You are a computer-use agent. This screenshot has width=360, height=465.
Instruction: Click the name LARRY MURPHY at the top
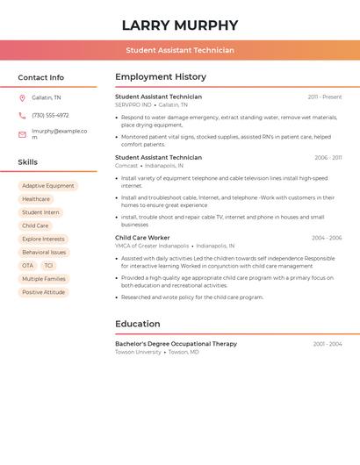coord(180,25)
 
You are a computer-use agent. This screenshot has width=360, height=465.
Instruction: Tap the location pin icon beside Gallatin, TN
coord(22,97)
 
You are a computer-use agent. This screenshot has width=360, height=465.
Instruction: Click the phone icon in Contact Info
coord(22,115)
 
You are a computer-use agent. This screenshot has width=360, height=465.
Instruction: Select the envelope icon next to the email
coord(22,134)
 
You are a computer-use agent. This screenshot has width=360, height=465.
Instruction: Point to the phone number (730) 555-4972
coord(50,115)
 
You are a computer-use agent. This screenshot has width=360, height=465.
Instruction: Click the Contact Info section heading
coord(41,77)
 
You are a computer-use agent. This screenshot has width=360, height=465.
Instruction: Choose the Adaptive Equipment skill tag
coord(48,186)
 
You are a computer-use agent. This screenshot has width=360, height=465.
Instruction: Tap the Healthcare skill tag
coord(36,199)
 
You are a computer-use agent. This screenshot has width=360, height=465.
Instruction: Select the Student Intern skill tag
coord(40,212)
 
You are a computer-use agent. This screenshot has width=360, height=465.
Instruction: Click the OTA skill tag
coord(27,266)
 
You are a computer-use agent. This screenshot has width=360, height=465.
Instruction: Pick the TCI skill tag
coord(48,266)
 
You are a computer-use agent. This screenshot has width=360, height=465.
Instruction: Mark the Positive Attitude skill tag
coord(44,292)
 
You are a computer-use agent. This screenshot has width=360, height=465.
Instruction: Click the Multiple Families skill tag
coord(44,279)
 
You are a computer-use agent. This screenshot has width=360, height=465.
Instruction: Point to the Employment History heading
coord(161,77)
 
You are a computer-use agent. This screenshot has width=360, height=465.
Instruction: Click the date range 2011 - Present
coord(325,97)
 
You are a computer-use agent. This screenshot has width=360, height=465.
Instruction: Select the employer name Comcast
coord(126,166)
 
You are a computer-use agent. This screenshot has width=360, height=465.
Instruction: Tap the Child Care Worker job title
coord(142,238)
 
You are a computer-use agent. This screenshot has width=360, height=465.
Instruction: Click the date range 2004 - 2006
coord(327,238)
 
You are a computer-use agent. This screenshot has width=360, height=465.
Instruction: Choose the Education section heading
coord(138,324)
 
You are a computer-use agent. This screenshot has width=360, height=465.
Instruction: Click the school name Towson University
coord(138,352)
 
